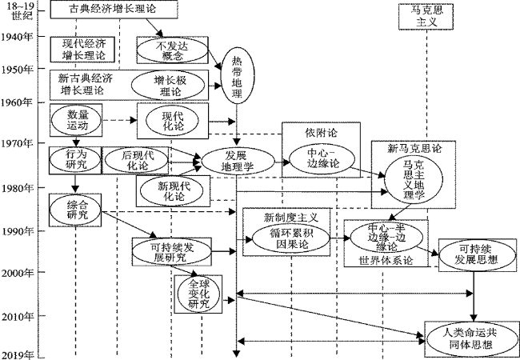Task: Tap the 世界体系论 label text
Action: [386, 261]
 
